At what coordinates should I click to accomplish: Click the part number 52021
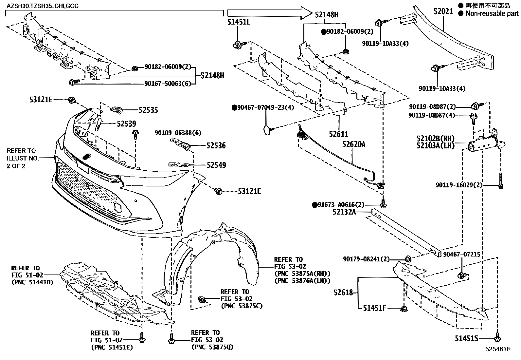pos(443,11)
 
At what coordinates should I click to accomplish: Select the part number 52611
pos(339,134)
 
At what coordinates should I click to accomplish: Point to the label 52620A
pos(354,144)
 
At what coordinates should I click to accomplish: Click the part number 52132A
pos(344,212)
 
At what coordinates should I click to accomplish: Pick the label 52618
pos(343,292)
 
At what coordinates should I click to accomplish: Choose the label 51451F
pos(375,308)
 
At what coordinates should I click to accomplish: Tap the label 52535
pos(148,110)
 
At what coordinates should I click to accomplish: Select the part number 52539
pos(126,124)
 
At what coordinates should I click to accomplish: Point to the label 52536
pos(216,145)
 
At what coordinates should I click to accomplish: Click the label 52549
pos(216,165)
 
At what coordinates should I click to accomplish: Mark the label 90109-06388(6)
pos(178,133)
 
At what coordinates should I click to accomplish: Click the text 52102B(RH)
pos(436,139)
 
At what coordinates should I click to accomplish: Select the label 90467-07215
pos(462,254)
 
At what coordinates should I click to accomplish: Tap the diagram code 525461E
pos(498,349)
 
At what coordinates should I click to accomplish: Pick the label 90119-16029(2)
pos(459,185)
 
